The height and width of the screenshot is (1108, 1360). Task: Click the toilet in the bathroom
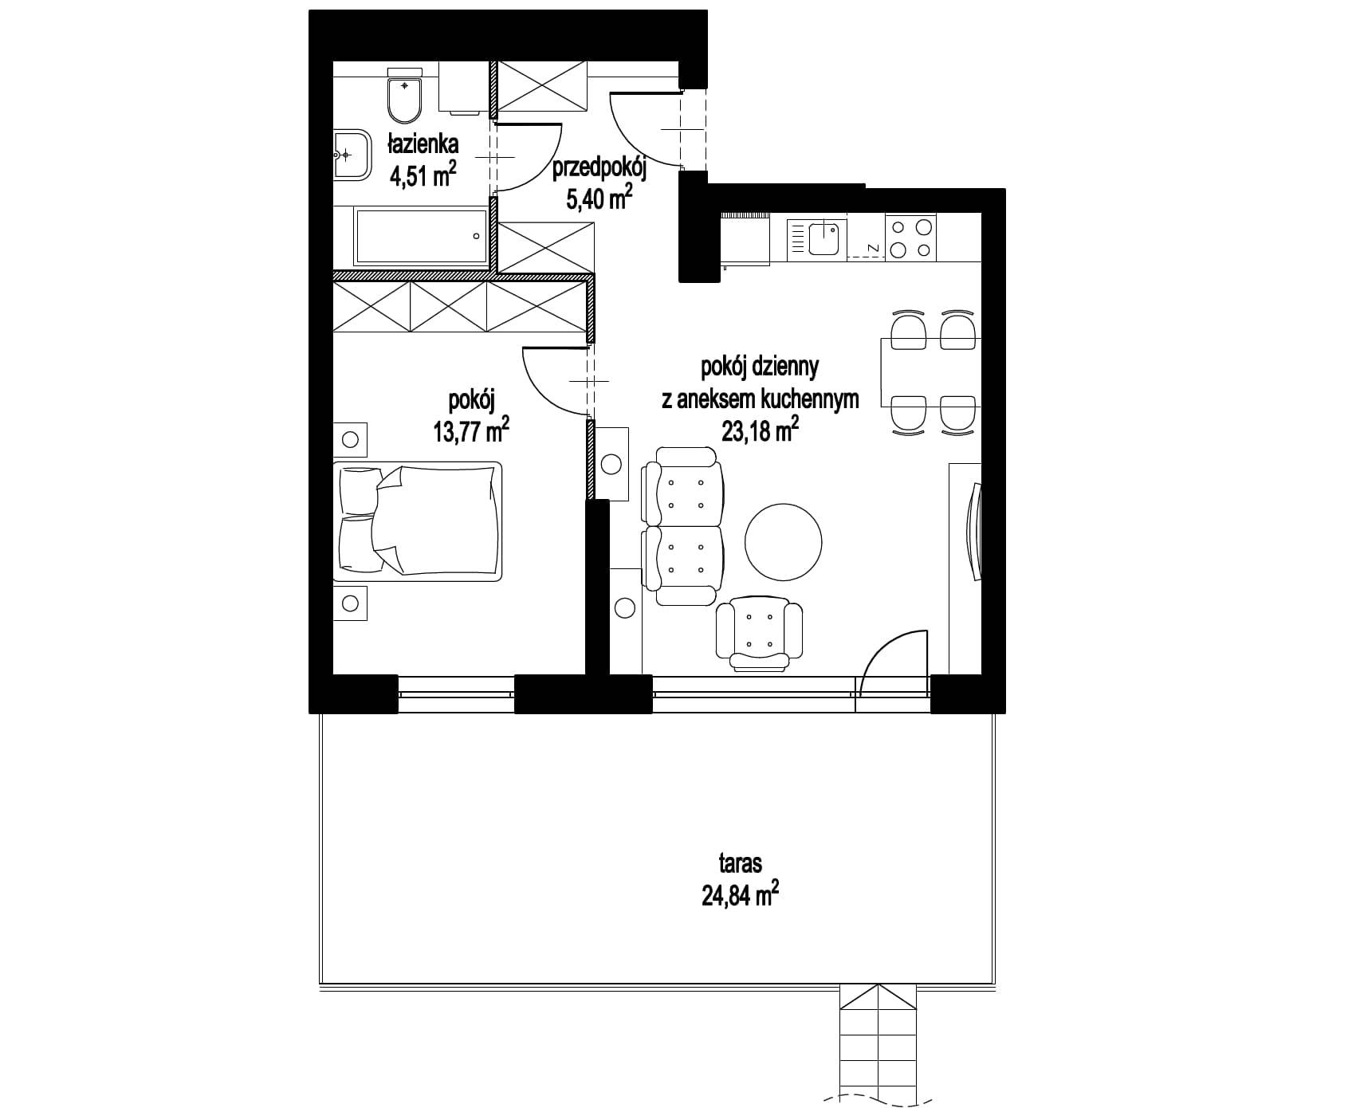pyautogui.click(x=404, y=93)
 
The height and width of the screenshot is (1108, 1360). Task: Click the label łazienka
pyautogui.click(x=423, y=144)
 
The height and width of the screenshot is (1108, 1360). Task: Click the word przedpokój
pyautogui.click(x=599, y=169)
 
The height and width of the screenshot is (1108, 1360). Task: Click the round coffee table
pyautogui.click(x=783, y=545)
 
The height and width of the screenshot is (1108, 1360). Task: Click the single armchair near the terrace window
pyautogui.click(x=759, y=632)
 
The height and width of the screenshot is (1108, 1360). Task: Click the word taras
pyautogui.click(x=740, y=862)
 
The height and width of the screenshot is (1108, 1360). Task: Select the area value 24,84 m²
pyautogui.click(x=740, y=896)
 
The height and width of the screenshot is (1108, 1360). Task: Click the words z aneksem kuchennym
pyautogui.click(x=760, y=399)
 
